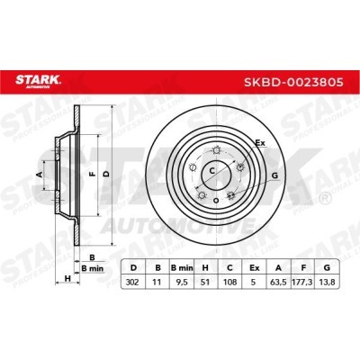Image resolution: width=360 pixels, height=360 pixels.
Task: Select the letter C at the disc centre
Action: pos(212,169)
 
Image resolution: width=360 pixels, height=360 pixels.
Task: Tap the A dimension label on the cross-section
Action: pos(38,173)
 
